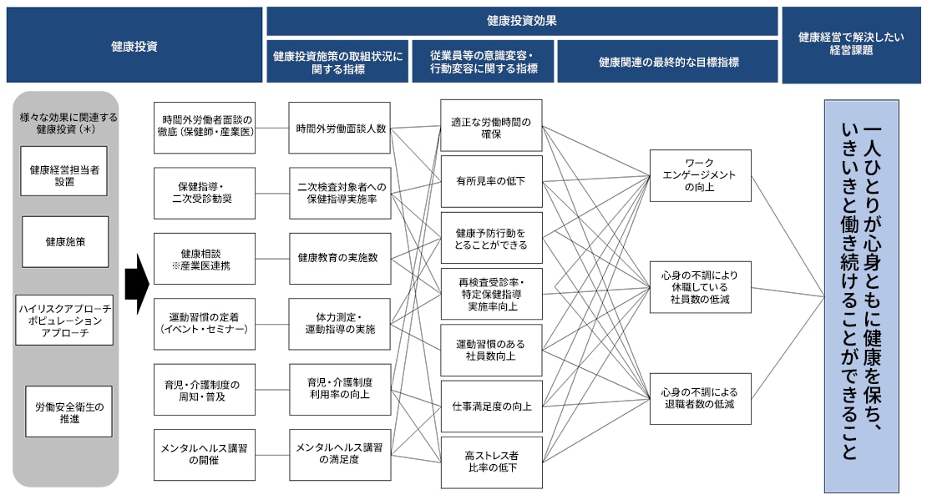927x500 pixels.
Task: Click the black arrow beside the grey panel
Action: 136,285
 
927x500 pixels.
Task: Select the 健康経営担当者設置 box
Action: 64,174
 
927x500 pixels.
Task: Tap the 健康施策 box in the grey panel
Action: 65,242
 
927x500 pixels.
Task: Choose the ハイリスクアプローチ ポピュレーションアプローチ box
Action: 64,319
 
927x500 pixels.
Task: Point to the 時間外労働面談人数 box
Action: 339,129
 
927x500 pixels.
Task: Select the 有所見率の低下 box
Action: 491,180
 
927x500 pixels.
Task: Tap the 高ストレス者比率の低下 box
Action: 491,462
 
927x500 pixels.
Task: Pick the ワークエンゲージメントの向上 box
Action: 700,175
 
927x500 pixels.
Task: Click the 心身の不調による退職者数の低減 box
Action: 700,398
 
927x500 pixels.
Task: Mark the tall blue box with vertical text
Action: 861,296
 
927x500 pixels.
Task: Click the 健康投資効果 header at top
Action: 522,22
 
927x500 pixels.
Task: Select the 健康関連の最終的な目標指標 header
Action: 668,63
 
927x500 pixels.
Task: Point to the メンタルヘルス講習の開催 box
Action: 204,454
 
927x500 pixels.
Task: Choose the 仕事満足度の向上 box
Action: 491,407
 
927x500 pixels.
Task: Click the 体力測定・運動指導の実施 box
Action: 339,323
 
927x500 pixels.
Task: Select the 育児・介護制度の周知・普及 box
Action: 204,390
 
